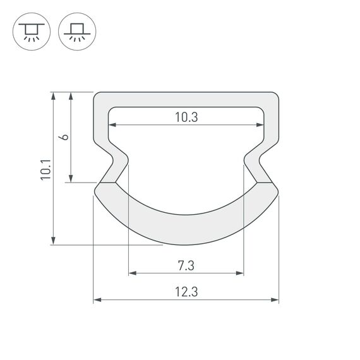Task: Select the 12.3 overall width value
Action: point(186,291)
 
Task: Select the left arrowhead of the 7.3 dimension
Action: point(132,273)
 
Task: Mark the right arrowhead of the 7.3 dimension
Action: point(240,273)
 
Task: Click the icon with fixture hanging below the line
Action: point(29,30)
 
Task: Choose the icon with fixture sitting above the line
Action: point(74,30)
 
